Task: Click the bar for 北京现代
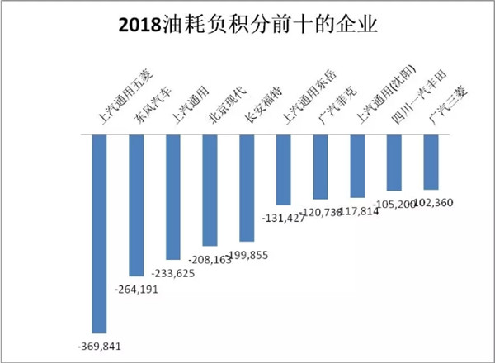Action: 210,190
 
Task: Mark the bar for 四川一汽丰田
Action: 394,162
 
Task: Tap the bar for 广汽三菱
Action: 430,162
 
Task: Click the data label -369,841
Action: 97,343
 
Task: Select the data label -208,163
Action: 210,260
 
